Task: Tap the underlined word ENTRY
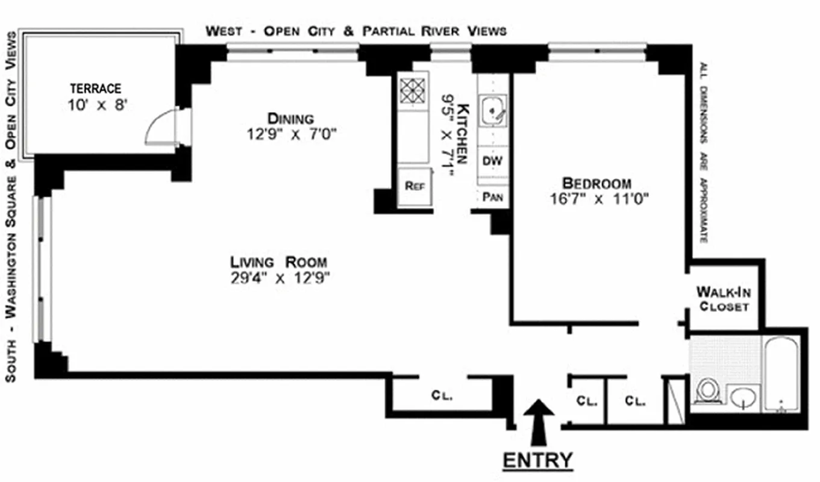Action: coord(537,460)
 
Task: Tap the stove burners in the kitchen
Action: coord(413,90)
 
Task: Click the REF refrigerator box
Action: coord(415,186)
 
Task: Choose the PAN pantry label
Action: coord(492,196)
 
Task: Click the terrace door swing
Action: coord(161,128)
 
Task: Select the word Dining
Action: coord(291,118)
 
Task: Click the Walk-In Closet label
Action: coord(723,299)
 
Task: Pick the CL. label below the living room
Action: coord(442,396)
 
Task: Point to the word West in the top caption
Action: coord(225,31)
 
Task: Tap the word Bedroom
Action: coord(597,183)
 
